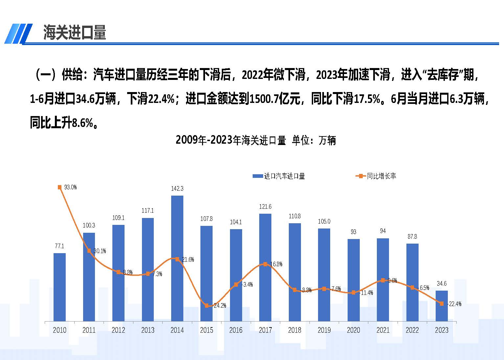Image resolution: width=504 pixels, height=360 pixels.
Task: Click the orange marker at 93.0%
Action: [59, 187]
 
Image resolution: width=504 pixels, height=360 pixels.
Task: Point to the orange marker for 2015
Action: [207, 306]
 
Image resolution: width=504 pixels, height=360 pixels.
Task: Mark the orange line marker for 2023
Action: [442, 303]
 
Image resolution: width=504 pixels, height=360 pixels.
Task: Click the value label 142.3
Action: [177, 188]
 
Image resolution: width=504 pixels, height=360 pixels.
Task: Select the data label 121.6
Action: [265, 206]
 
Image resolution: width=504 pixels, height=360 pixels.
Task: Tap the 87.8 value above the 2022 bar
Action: [412, 236]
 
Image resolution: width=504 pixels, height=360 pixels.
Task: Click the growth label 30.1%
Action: [100, 251]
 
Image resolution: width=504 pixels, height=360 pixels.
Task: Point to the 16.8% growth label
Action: [276, 264]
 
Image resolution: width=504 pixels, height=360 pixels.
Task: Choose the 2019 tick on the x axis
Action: [324, 330]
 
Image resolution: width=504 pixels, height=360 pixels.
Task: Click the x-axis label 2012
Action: [118, 330]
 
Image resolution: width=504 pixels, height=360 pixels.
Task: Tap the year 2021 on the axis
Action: [383, 330]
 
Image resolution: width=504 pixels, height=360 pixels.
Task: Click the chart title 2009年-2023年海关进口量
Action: [231, 140]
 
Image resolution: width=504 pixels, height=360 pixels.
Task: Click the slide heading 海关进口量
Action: [75, 33]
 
